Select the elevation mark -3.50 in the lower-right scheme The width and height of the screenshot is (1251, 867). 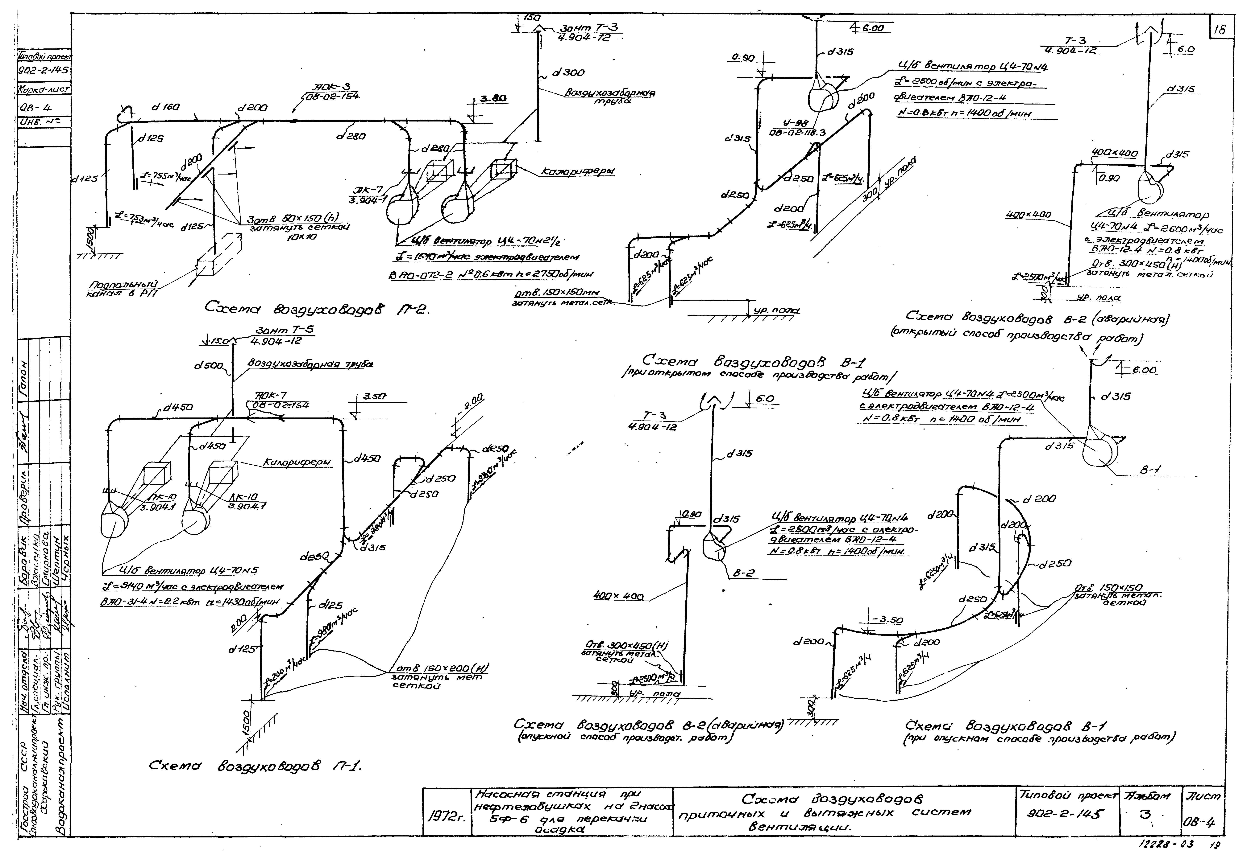[887, 620]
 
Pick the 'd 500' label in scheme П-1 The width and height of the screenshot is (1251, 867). [209, 366]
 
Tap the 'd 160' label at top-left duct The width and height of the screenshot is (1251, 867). [166, 108]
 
